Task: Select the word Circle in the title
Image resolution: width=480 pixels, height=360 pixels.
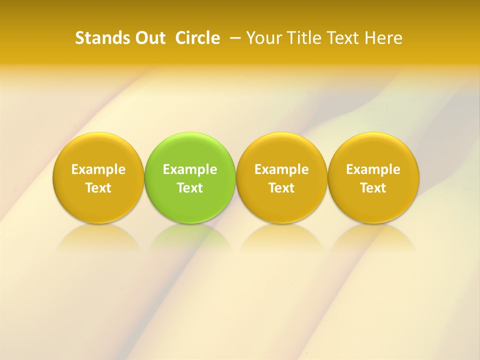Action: point(197,38)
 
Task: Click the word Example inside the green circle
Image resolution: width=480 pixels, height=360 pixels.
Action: point(190,169)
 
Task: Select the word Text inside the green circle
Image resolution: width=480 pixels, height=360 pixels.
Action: point(190,188)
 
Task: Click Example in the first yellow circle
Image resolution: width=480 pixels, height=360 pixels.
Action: point(98,169)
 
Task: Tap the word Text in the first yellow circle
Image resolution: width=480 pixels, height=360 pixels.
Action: point(98,188)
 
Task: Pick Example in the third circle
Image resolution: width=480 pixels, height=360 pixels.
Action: point(281,169)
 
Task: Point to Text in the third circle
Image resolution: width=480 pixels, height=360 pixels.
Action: point(281,188)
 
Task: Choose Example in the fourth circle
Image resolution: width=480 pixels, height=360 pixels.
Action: point(373,169)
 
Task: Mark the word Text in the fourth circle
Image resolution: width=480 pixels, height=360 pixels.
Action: point(373,188)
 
